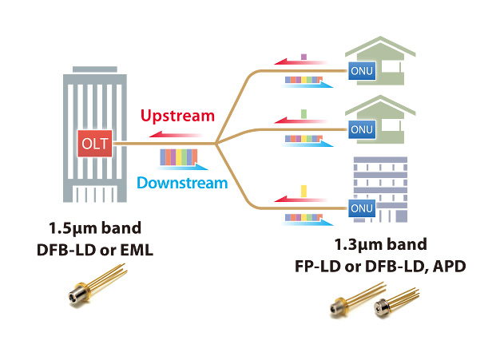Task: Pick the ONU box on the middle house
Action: click(359, 129)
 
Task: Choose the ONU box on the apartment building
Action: click(359, 209)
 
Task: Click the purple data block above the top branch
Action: click(304, 57)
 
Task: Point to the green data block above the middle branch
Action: click(304, 113)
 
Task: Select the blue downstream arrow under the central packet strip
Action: click(192, 167)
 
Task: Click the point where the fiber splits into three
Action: click(218, 144)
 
